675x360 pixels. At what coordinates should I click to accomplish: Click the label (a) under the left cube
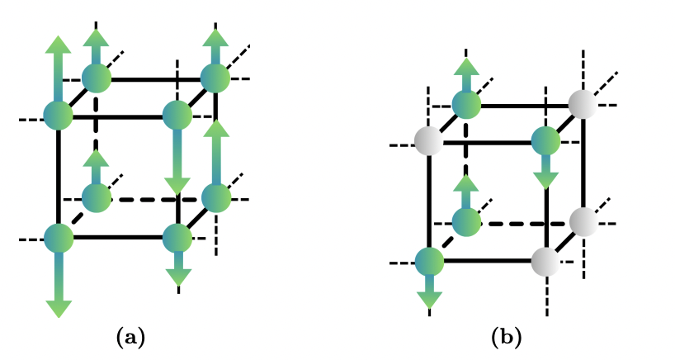pos(131,337)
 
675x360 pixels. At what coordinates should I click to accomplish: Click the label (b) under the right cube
pos(506,337)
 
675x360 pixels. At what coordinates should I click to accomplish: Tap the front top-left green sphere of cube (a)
pos(58,116)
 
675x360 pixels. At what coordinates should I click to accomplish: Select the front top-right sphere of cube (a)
pos(177,116)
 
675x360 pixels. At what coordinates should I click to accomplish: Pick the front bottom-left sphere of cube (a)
pos(58,238)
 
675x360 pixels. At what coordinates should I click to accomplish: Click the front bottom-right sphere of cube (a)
pos(177,238)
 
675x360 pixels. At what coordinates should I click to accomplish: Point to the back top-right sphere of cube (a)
pos(215,78)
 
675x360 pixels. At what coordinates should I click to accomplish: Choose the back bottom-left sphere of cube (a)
pos(96,198)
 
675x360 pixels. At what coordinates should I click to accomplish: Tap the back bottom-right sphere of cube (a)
pos(215,198)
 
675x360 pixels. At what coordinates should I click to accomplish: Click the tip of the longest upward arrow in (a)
pos(58,39)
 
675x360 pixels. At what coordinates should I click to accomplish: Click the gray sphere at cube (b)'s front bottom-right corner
pos(546,262)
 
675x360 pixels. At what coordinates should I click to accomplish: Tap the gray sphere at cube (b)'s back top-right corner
pos(583,104)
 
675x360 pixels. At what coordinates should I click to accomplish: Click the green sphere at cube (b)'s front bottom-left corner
pos(429,262)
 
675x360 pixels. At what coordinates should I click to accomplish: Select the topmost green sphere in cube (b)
pos(466,104)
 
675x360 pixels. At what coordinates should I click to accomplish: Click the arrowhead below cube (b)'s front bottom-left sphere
pos(429,301)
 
